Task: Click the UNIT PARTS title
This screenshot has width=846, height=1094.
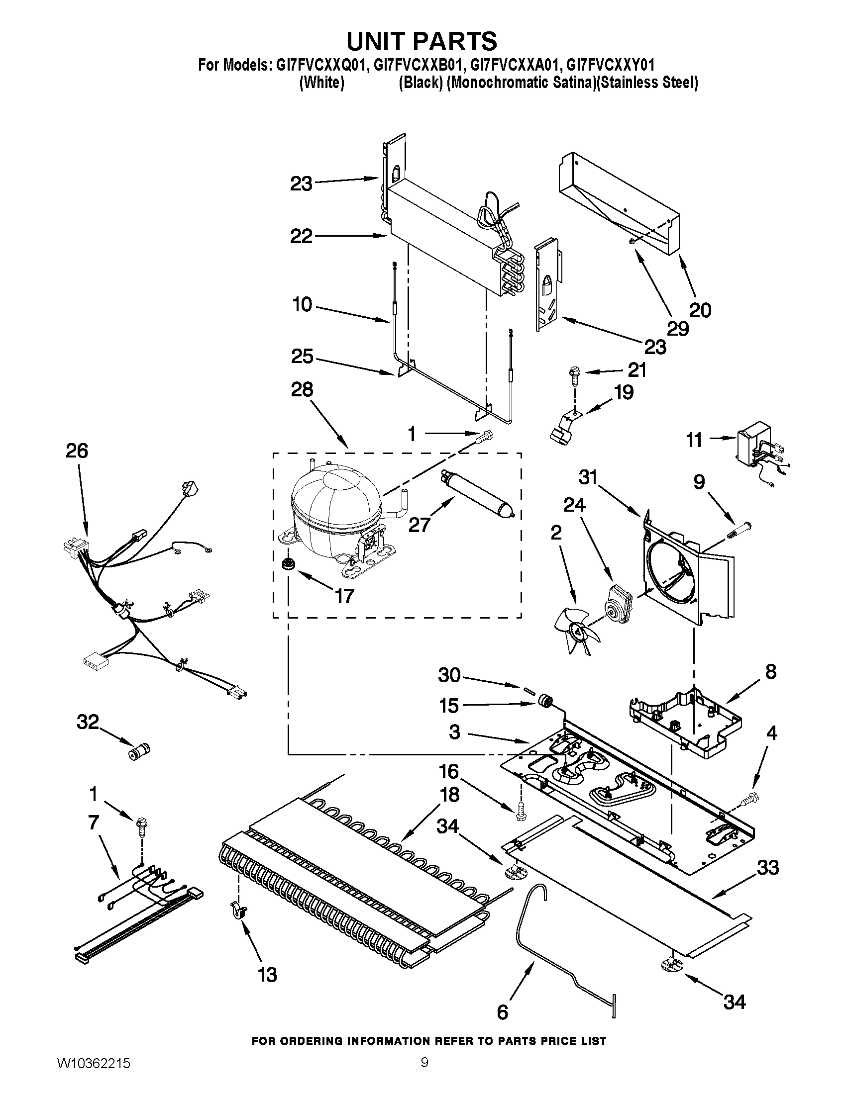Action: [x=422, y=41]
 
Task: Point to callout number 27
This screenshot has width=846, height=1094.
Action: [x=419, y=525]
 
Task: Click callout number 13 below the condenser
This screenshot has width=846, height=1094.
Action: [x=267, y=975]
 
